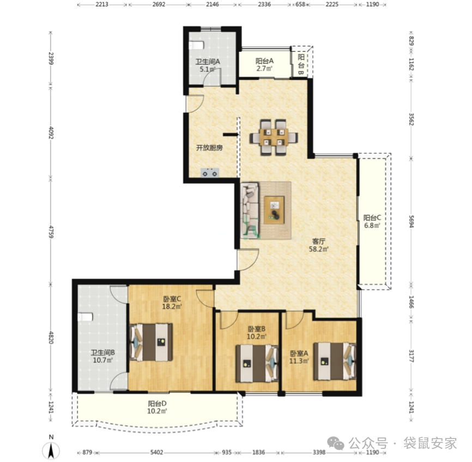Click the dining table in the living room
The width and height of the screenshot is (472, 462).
pos(274,137)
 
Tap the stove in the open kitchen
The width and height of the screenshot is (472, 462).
pos(210,173)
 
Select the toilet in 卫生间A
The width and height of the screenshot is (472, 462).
pos(196,45)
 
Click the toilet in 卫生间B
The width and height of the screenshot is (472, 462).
pos(86,317)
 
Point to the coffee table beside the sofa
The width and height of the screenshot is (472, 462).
pos(274,210)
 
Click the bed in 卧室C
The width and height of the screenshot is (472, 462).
pos(151,342)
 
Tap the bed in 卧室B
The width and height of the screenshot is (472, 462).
pos(257,363)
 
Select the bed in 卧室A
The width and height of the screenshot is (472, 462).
pos(335,361)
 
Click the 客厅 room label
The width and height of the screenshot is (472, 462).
pos(319,241)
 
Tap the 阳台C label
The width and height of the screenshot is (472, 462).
pos(372,217)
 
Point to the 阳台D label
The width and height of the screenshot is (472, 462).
pos(157,403)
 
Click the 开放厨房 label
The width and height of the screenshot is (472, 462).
pos(209,148)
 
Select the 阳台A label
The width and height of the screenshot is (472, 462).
pos(264,61)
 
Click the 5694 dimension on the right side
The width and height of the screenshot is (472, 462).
pos(412,221)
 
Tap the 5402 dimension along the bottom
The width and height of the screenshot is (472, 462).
pos(156,452)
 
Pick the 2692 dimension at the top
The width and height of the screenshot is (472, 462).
pos(159,4)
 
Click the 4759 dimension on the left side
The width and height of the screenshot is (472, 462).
pos(51,232)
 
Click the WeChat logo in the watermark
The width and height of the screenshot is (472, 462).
pos(336,443)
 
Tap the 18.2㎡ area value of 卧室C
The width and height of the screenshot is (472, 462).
pos(172,307)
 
